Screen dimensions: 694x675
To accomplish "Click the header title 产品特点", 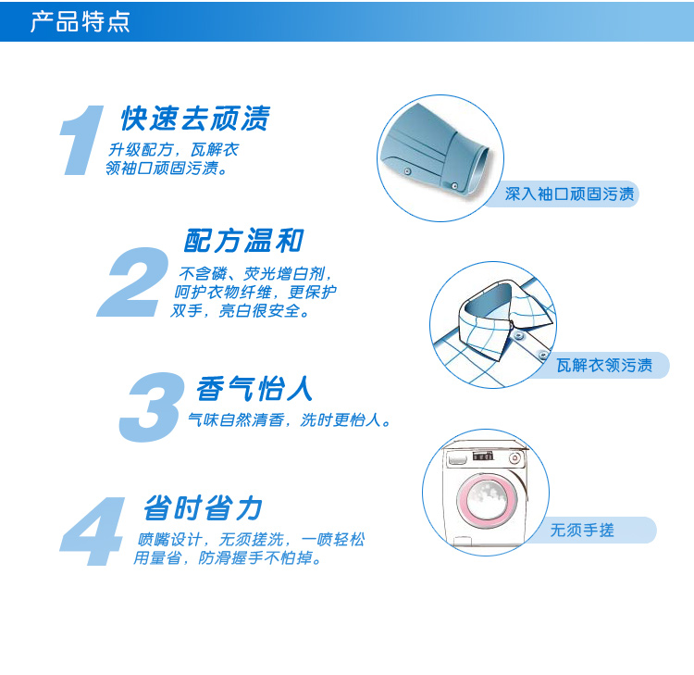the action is (81, 21).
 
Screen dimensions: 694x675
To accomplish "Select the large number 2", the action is (132, 282).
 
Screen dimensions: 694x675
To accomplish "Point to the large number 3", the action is (151, 407).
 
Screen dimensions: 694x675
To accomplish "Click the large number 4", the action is (93, 531).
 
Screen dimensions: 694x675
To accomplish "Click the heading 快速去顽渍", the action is (195, 119).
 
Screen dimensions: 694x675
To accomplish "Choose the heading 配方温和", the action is (244, 241).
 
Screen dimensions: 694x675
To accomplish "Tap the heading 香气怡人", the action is (254, 389).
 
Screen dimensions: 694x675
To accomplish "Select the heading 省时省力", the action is (204, 507).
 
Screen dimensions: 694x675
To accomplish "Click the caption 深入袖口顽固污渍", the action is (570, 194).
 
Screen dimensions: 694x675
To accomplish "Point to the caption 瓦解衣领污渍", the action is (604, 366).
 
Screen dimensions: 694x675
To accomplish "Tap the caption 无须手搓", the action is (582, 531).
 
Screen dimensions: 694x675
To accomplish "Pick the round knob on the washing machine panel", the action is (514, 458).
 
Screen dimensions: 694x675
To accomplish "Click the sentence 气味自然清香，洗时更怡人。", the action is (290, 419).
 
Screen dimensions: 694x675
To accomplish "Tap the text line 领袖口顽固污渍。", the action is (167, 169).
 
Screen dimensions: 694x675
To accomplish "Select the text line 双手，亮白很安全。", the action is (241, 311).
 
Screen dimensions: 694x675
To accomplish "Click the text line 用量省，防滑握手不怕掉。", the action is (228, 558).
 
